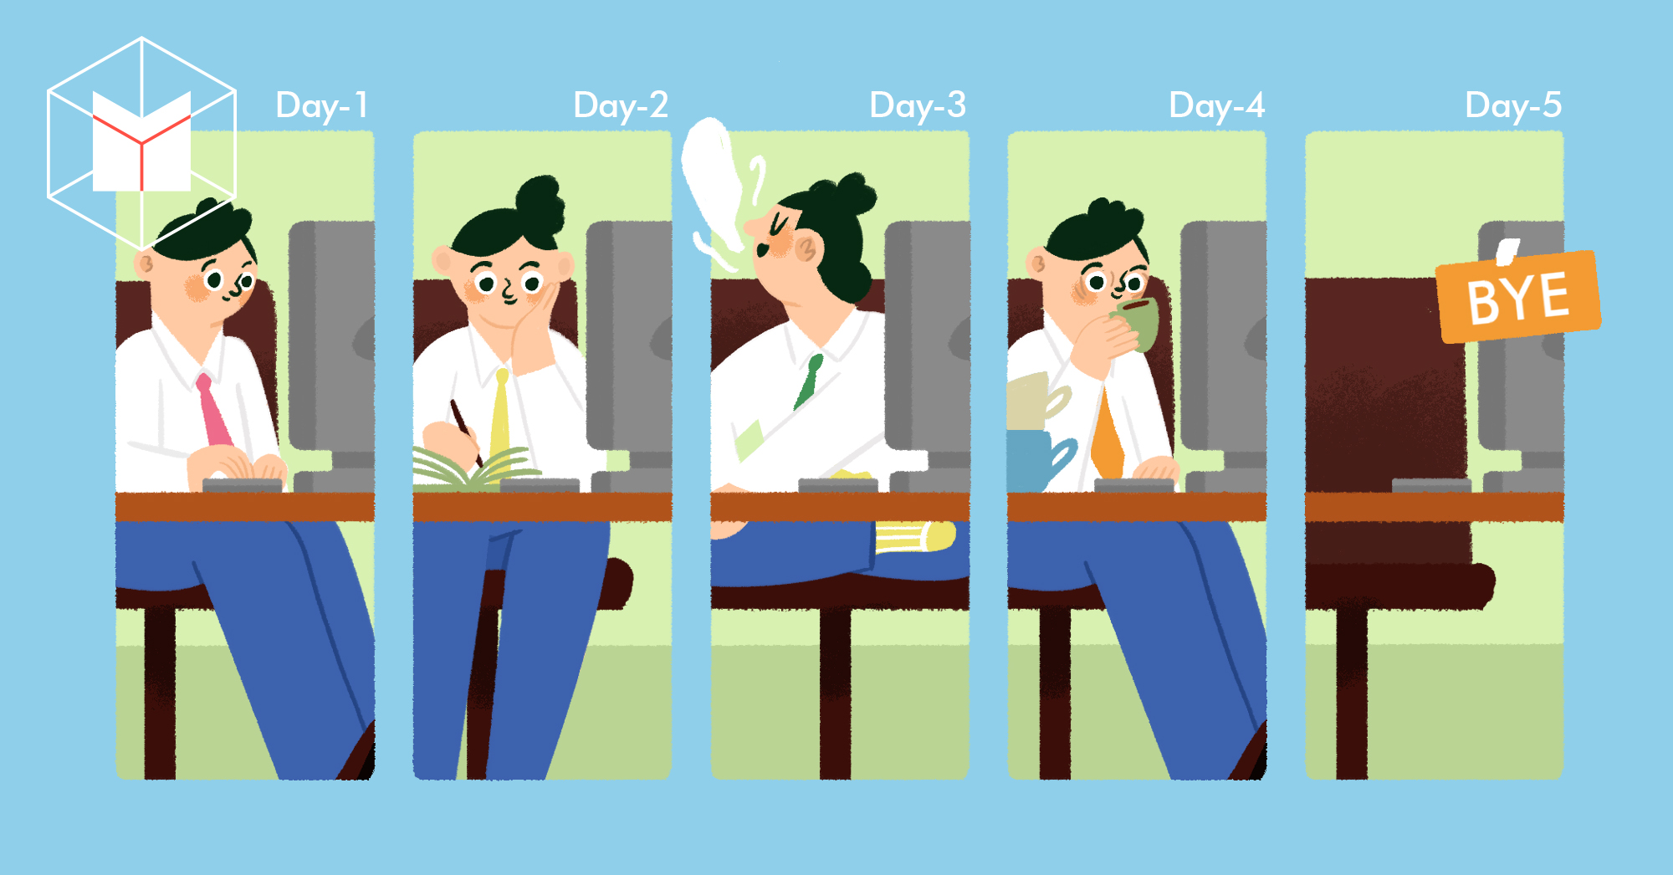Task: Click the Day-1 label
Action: (x=322, y=106)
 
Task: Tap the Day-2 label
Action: (x=621, y=106)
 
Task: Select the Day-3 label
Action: (x=918, y=106)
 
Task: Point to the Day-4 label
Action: (x=1216, y=106)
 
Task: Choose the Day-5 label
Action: (x=1513, y=106)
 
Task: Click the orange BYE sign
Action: (x=1518, y=296)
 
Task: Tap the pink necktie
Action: (x=214, y=410)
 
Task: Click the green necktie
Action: (x=808, y=381)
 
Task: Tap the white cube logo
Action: (x=141, y=142)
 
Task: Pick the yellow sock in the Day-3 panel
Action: (x=914, y=536)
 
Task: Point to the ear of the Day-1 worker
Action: (x=145, y=265)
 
